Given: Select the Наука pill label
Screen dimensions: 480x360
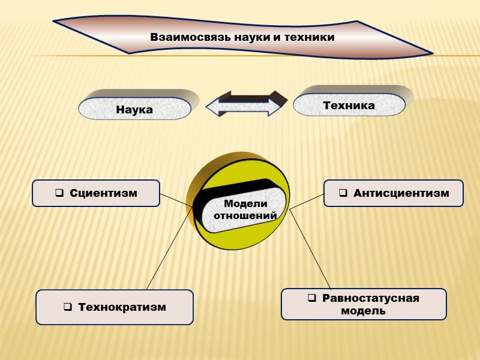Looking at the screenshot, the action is click(x=134, y=110).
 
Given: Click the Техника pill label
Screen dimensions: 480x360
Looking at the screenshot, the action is click(x=349, y=106).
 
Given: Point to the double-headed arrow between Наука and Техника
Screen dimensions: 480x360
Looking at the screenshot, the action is click(x=243, y=106).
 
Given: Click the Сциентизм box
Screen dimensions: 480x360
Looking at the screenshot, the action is click(x=96, y=193).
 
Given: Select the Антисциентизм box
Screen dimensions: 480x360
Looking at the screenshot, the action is click(x=393, y=193).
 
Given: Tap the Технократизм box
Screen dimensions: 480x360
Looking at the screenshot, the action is click(x=115, y=307).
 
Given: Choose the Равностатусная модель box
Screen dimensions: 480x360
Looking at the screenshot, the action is click(x=364, y=304).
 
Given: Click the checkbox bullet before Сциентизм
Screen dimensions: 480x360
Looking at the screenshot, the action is click(x=59, y=193).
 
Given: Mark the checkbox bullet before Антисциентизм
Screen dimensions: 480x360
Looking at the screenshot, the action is click(x=343, y=193).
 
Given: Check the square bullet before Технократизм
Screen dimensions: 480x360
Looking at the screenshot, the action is click(x=67, y=307).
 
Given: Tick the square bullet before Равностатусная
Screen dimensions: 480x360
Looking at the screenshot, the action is click(x=311, y=298).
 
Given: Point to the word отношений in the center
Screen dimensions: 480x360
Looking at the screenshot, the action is click(x=245, y=215).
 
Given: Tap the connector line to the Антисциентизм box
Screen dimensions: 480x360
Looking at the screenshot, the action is click(x=307, y=202).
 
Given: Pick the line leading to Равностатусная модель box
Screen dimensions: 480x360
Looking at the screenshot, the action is click(x=310, y=249).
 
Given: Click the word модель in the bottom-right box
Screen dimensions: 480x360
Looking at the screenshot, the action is click(x=363, y=311).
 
